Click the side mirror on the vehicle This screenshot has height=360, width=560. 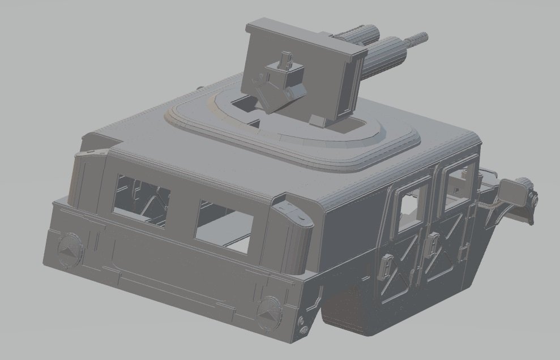pyautogui.click(x=514, y=192)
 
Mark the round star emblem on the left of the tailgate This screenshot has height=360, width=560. pyautogui.click(x=70, y=249)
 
